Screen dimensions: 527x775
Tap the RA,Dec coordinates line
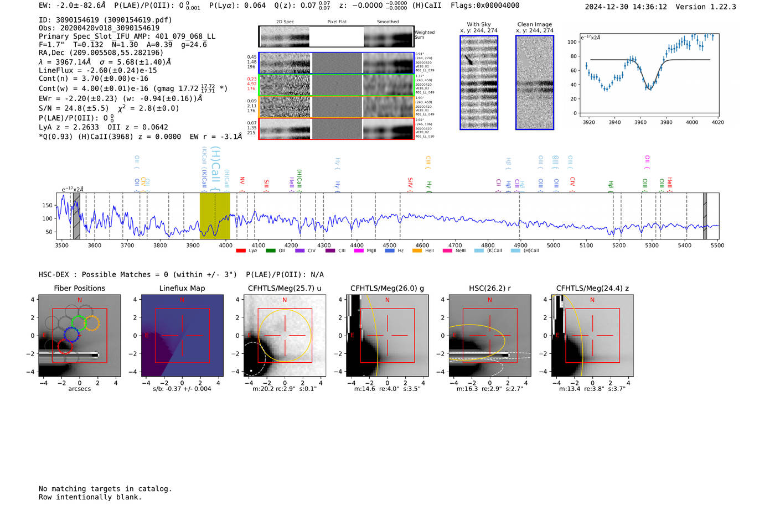point(101,53)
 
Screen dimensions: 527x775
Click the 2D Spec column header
point(285,22)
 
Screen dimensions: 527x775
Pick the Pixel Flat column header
point(337,22)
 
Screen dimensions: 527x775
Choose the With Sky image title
point(479,24)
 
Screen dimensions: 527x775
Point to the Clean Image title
point(535,24)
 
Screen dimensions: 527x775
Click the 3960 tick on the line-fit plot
point(640,122)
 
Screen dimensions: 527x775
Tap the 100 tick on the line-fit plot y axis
point(572,42)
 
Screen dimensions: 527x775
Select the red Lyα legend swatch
point(241,251)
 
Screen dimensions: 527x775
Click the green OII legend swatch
point(271,251)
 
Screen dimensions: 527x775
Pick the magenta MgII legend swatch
point(359,251)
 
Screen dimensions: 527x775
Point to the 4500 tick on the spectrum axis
point(390,246)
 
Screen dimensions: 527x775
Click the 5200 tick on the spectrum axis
point(619,246)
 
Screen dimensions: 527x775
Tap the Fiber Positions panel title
point(79,288)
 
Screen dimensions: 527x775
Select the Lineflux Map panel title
point(182,288)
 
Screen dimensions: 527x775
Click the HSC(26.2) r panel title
point(489,288)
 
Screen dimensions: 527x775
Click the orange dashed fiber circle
point(92,323)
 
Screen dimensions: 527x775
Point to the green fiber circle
point(79,323)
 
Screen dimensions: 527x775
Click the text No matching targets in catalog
point(105,489)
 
